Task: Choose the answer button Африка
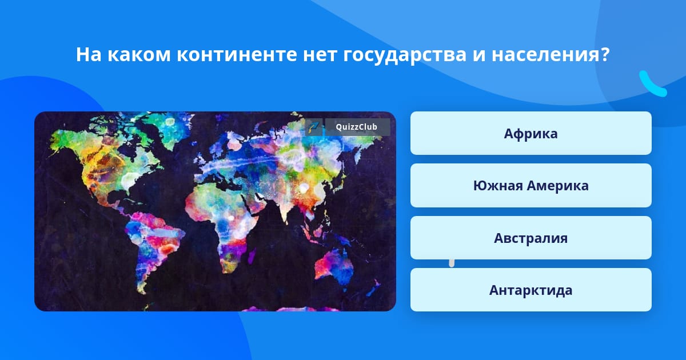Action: (531, 133)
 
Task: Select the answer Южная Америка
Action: (531, 186)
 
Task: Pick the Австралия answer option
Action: (531, 238)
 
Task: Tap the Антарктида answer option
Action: (531, 290)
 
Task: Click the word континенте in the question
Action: (237, 54)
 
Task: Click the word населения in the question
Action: (546, 54)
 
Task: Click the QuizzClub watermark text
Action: (357, 127)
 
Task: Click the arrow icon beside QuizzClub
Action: (314, 127)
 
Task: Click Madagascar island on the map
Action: (252, 256)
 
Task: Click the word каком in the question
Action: (139, 54)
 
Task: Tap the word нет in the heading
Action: (320, 54)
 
